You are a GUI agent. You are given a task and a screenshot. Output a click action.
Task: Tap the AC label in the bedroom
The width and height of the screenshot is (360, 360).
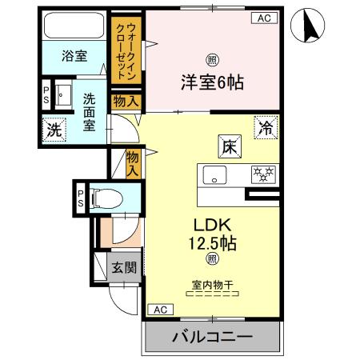(x=263, y=18)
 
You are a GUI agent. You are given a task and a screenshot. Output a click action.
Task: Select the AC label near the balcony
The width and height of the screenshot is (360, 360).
(x=159, y=309)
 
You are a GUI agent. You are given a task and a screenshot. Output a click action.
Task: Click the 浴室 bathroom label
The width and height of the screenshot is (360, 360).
(x=76, y=56)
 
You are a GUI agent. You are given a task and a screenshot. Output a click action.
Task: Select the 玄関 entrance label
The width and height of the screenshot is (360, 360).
(x=121, y=266)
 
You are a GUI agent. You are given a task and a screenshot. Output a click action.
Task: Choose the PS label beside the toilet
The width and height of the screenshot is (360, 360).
(x=81, y=197)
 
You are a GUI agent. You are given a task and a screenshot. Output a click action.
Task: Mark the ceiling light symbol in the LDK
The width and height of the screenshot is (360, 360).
(x=212, y=258)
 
